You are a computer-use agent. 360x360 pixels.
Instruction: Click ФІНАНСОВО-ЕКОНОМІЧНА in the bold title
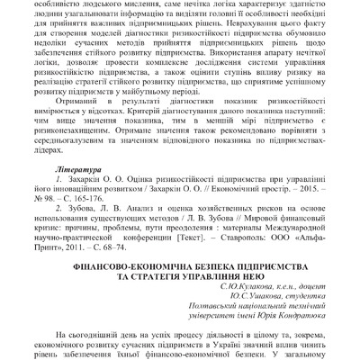(x=124, y=268)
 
